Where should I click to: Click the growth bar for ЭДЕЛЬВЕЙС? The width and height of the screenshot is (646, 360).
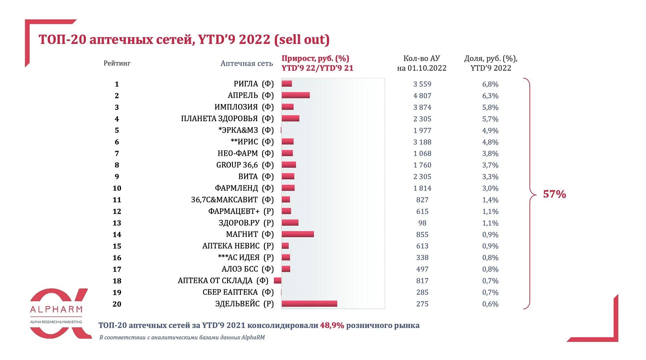coord(309,304)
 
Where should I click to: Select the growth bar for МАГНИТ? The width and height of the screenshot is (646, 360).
coord(297,234)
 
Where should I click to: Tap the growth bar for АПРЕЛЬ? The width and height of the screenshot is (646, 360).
coord(296,95)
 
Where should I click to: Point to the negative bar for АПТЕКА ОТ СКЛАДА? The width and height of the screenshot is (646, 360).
coord(277,281)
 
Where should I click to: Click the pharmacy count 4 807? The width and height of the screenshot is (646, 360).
coord(422,96)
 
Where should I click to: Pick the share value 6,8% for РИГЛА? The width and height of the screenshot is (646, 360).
coord(490,84)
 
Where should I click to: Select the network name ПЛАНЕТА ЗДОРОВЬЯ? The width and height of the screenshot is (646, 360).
coord(219,119)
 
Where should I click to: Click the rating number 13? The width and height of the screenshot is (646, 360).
coord(117,223)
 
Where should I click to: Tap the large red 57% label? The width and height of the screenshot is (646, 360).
coord(554,194)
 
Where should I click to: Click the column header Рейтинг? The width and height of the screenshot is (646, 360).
coord(117,63)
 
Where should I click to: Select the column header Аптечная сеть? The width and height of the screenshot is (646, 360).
coord(246,63)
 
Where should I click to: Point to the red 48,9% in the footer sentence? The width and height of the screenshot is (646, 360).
coord(332,325)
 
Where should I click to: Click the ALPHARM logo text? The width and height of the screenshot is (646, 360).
coord(56,310)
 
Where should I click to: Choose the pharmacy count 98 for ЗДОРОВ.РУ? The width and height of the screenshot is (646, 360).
coord(422,223)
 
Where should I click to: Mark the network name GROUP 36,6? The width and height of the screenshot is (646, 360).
coord(237,165)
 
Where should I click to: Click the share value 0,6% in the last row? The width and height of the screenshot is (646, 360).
coord(490,304)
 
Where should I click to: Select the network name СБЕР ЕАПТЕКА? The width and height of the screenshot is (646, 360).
coord(230,292)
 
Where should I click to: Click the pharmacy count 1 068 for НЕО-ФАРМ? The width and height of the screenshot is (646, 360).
coord(422,154)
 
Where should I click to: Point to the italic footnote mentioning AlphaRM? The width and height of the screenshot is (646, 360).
coord(182,337)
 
